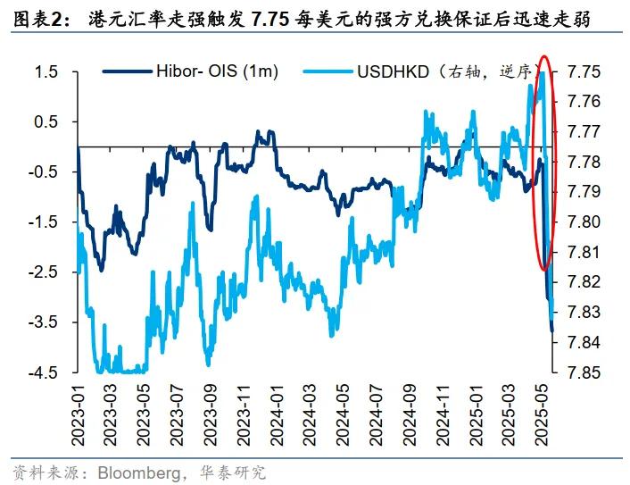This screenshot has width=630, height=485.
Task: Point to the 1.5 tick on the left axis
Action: [46, 71]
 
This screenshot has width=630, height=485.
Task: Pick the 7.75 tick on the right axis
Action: [583, 71]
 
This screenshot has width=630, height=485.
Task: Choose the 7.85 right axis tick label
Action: [583, 372]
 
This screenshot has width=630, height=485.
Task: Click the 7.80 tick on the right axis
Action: [583, 222]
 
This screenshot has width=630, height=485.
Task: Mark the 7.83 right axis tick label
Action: [583, 312]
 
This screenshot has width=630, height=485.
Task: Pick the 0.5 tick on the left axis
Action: [46, 121]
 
